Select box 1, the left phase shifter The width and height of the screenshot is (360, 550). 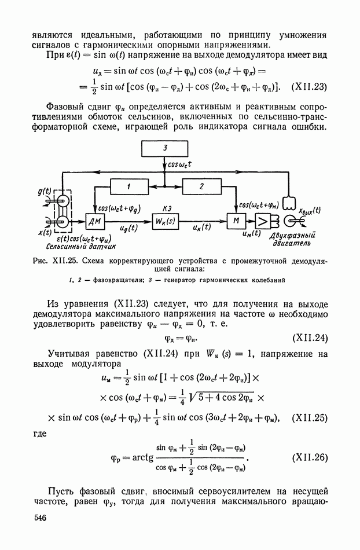[x=130, y=186]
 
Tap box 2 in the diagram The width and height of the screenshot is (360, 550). [x=201, y=186]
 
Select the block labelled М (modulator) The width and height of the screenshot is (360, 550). [x=236, y=221]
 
